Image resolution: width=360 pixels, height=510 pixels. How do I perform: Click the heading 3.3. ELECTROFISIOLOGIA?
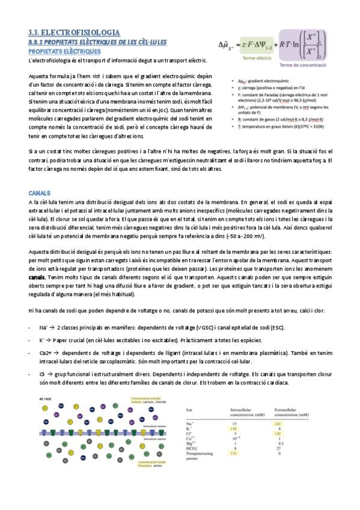coord(74,32)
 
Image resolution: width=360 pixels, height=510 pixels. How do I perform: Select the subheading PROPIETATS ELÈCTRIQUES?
coord(61,51)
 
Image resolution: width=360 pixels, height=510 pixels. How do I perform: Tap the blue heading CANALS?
coord(40,193)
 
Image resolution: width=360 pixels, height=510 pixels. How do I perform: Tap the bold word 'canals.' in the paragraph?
coord(37,278)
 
